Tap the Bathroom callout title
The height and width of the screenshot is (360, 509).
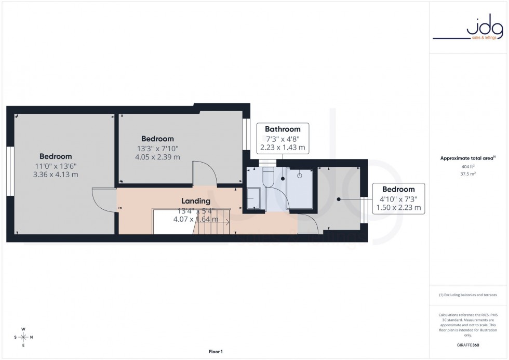(x=283, y=129)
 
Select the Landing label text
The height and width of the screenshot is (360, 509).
(x=195, y=201)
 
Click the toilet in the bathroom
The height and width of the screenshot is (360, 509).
(x=270, y=177)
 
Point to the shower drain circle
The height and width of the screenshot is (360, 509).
(x=299, y=176)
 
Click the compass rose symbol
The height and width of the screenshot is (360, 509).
(x=23, y=337)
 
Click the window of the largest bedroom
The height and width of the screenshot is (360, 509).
(x=9, y=171)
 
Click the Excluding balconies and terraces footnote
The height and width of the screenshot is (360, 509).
(x=468, y=295)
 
